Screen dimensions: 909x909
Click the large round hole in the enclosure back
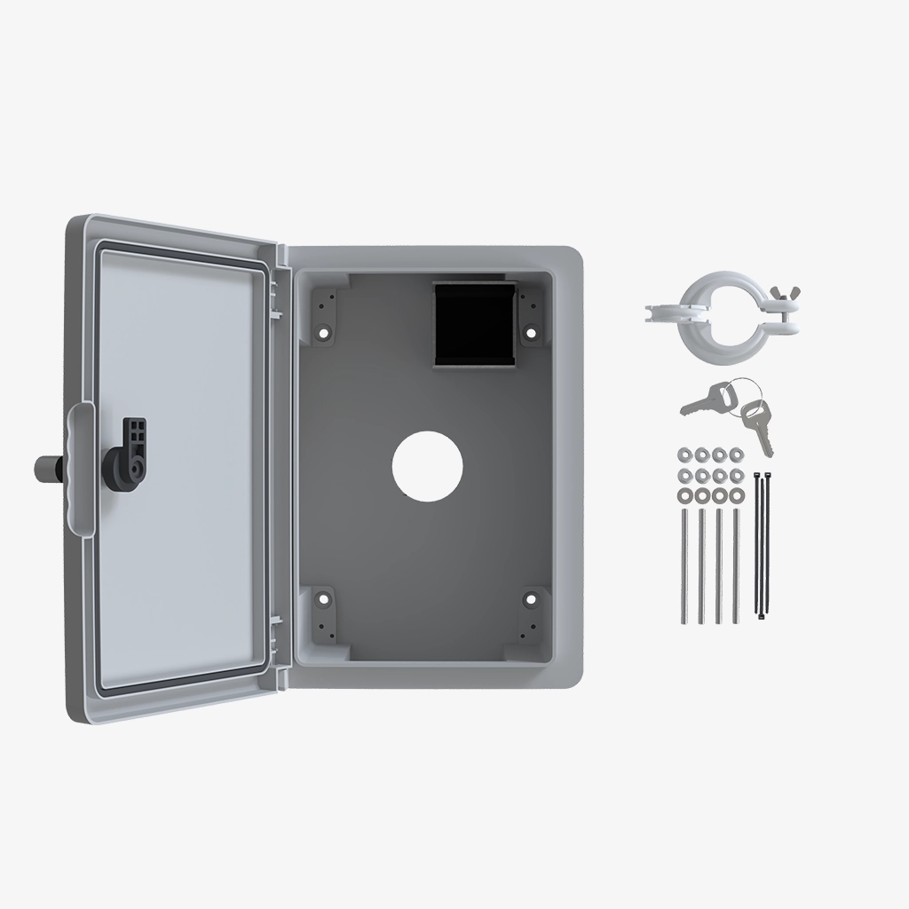pyautogui.click(x=428, y=464)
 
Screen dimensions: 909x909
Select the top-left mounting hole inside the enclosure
pyautogui.click(x=322, y=333)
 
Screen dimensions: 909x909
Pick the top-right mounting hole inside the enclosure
pyautogui.click(x=532, y=333)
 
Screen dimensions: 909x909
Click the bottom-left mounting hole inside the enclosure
pyautogui.click(x=322, y=600)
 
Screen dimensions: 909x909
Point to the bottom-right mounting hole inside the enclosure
pyautogui.click(x=532, y=600)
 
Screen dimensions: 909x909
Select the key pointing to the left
pyautogui.click(x=702, y=405)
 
